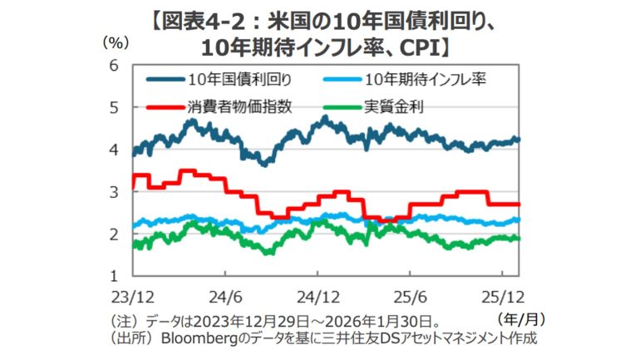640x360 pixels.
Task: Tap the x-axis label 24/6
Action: coord(226,295)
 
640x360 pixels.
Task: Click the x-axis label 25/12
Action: coord(502,295)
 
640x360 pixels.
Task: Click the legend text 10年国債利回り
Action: coord(234,80)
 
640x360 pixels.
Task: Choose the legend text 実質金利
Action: coord(394,106)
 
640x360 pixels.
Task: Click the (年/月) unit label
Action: coord(519,318)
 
